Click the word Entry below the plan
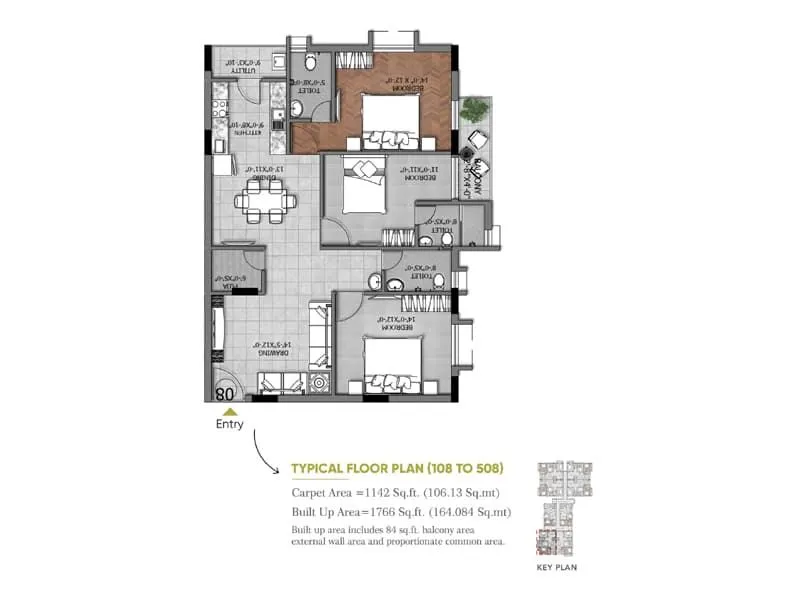(229, 424)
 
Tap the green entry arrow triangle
(229, 410)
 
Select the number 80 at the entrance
(224, 394)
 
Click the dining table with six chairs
(265, 203)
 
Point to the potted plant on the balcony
(476, 110)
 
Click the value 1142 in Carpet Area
(376, 493)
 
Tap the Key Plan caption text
(558, 567)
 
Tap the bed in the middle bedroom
(365, 184)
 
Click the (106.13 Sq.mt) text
(462, 493)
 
